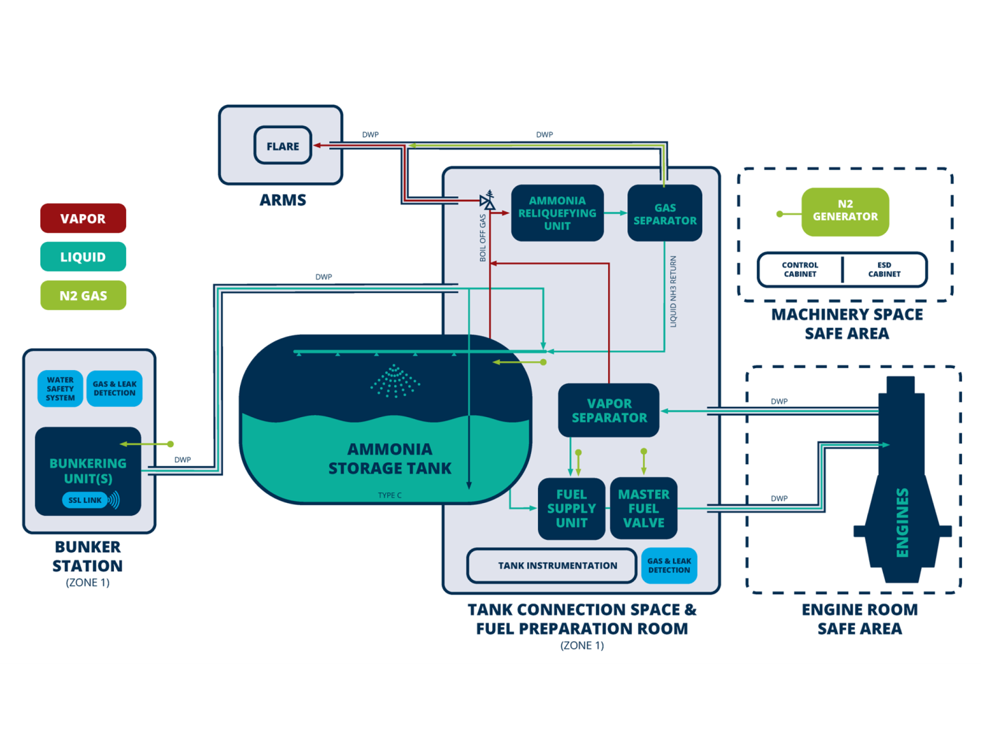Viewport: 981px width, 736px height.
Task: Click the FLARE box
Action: (283, 146)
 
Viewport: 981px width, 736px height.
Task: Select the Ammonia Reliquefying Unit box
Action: (557, 213)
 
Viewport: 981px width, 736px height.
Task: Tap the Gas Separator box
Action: (665, 214)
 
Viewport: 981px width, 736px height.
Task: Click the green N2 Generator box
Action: (845, 211)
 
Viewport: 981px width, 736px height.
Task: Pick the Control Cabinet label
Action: (800, 270)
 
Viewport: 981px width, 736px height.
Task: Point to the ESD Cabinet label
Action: (884, 270)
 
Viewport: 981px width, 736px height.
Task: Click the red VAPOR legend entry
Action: (83, 219)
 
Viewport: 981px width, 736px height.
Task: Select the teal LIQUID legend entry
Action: (83, 257)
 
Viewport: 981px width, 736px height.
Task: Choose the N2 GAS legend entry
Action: (83, 296)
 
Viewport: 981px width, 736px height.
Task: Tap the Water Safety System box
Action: (61, 389)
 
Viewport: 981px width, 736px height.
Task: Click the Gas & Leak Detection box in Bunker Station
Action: (115, 389)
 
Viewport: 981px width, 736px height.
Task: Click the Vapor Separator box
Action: (609, 411)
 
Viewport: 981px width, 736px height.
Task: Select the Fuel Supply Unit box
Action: (571, 508)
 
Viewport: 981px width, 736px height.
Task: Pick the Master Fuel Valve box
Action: (644, 508)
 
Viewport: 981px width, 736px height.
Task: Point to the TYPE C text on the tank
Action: (390, 495)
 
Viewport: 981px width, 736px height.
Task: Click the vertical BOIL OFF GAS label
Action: (483, 238)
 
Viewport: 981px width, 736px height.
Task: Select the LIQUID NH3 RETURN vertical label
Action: (674, 292)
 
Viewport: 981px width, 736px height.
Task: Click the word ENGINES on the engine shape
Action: (902, 523)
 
